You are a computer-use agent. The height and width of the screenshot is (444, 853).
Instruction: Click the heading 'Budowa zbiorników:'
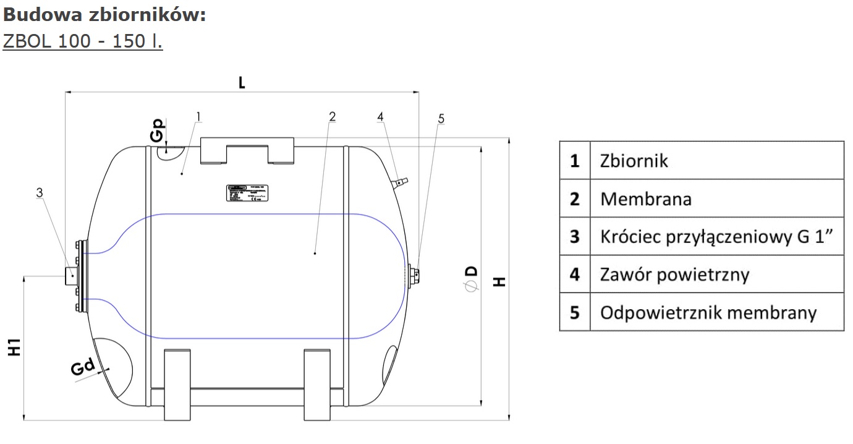click(x=104, y=14)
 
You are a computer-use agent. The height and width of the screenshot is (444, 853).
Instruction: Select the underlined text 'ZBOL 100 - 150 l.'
click(x=83, y=41)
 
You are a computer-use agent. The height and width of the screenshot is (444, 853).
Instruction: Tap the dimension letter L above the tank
click(x=242, y=82)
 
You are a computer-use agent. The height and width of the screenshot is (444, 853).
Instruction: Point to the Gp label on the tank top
click(x=159, y=130)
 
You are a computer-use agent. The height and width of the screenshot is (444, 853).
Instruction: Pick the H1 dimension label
click(x=15, y=348)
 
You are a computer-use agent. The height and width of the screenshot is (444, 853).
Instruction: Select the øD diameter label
click(x=471, y=279)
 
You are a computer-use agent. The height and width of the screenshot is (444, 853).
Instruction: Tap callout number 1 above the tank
click(x=198, y=116)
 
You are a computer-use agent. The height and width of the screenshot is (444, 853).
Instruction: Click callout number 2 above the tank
click(x=332, y=116)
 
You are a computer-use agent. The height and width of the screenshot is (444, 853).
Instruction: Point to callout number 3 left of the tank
click(x=40, y=193)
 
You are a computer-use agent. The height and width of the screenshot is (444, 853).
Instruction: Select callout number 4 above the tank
click(x=380, y=116)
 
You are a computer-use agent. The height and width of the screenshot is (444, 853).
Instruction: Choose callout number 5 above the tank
click(x=441, y=118)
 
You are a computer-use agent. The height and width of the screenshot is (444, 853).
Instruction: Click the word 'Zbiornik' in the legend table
click(x=634, y=161)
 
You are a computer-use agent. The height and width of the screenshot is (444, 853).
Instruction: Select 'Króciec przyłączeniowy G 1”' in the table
click(x=721, y=237)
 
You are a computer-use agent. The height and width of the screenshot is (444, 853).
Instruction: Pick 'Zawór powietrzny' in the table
click(x=674, y=274)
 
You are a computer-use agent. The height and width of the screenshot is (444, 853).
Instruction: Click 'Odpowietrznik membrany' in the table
click(x=708, y=312)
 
